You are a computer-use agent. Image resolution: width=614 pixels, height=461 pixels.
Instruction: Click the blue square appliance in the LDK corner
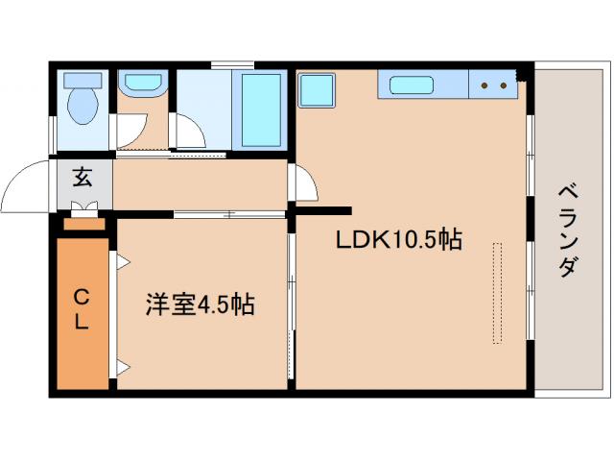(x=317, y=92)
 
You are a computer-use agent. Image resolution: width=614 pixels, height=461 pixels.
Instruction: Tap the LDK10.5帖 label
(x=398, y=241)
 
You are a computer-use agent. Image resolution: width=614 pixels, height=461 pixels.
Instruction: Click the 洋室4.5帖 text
(x=200, y=305)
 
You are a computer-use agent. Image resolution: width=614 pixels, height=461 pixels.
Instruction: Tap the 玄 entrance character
(x=83, y=177)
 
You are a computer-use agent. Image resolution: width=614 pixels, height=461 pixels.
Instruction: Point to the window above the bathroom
(x=231, y=65)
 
